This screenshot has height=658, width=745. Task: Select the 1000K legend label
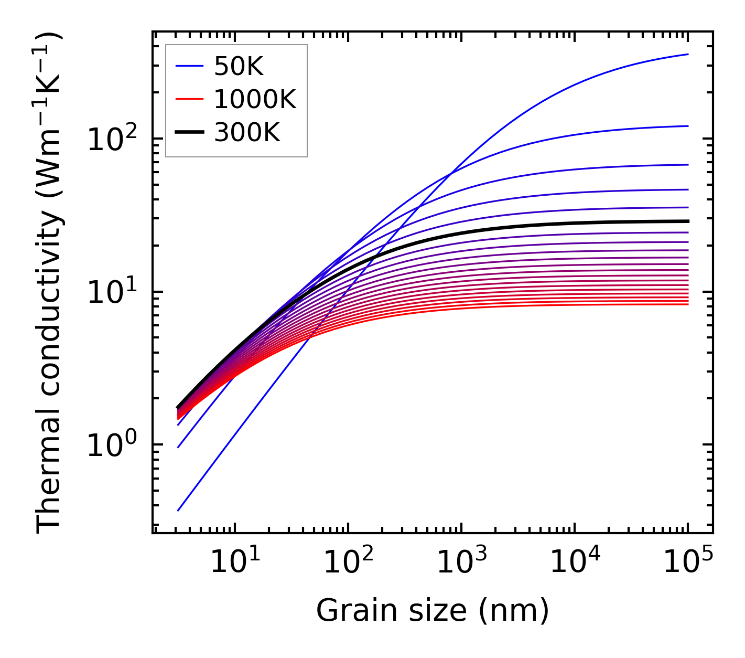click(255, 99)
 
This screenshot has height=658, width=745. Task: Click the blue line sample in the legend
click(189, 66)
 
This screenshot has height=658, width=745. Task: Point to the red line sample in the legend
click(189, 99)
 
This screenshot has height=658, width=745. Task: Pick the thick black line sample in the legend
click(189, 133)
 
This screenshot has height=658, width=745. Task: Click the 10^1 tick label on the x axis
click(235, 564)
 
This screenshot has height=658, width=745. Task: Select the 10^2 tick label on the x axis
click(348, 564)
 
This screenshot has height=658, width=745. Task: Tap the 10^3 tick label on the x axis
click(461, 564)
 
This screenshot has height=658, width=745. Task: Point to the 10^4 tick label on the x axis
click(575, 564)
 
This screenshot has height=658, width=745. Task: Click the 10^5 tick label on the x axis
click(688, 564)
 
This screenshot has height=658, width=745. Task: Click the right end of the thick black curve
click(688, 221)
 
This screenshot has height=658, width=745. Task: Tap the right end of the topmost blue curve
click(688, 54)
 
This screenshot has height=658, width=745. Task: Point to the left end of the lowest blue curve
click(178, 511)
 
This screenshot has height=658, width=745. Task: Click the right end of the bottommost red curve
click(688, 304)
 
